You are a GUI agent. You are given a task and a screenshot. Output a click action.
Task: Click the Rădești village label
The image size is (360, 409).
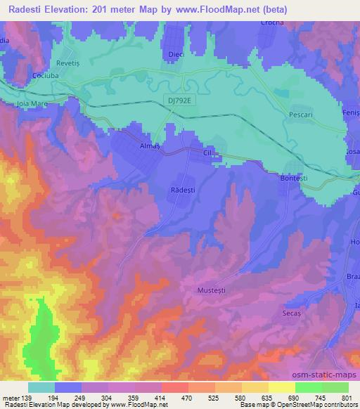tap(184, 189)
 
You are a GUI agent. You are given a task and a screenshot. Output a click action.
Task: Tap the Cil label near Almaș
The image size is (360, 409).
tap(207, 150)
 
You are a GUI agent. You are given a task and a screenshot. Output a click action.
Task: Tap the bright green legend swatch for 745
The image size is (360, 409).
tap(307, 387)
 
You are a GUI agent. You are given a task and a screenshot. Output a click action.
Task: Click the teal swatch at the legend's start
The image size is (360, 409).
tap(41, 387)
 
